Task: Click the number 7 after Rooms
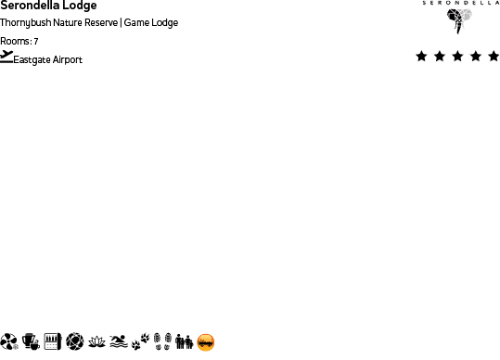[x=35, y=42]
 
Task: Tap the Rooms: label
[x=16, y=42]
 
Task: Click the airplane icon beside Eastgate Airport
[x=7, y=57]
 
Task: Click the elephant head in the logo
[x=459, y=20]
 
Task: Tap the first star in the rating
[x=422, y=57]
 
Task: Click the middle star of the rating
[x=458, y=57]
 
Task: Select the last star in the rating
[x=494, y=57]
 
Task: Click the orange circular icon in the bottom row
[x=206, y=342]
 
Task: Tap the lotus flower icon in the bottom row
[x=96, y=342]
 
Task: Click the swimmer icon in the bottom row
[x=118, y=342]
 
